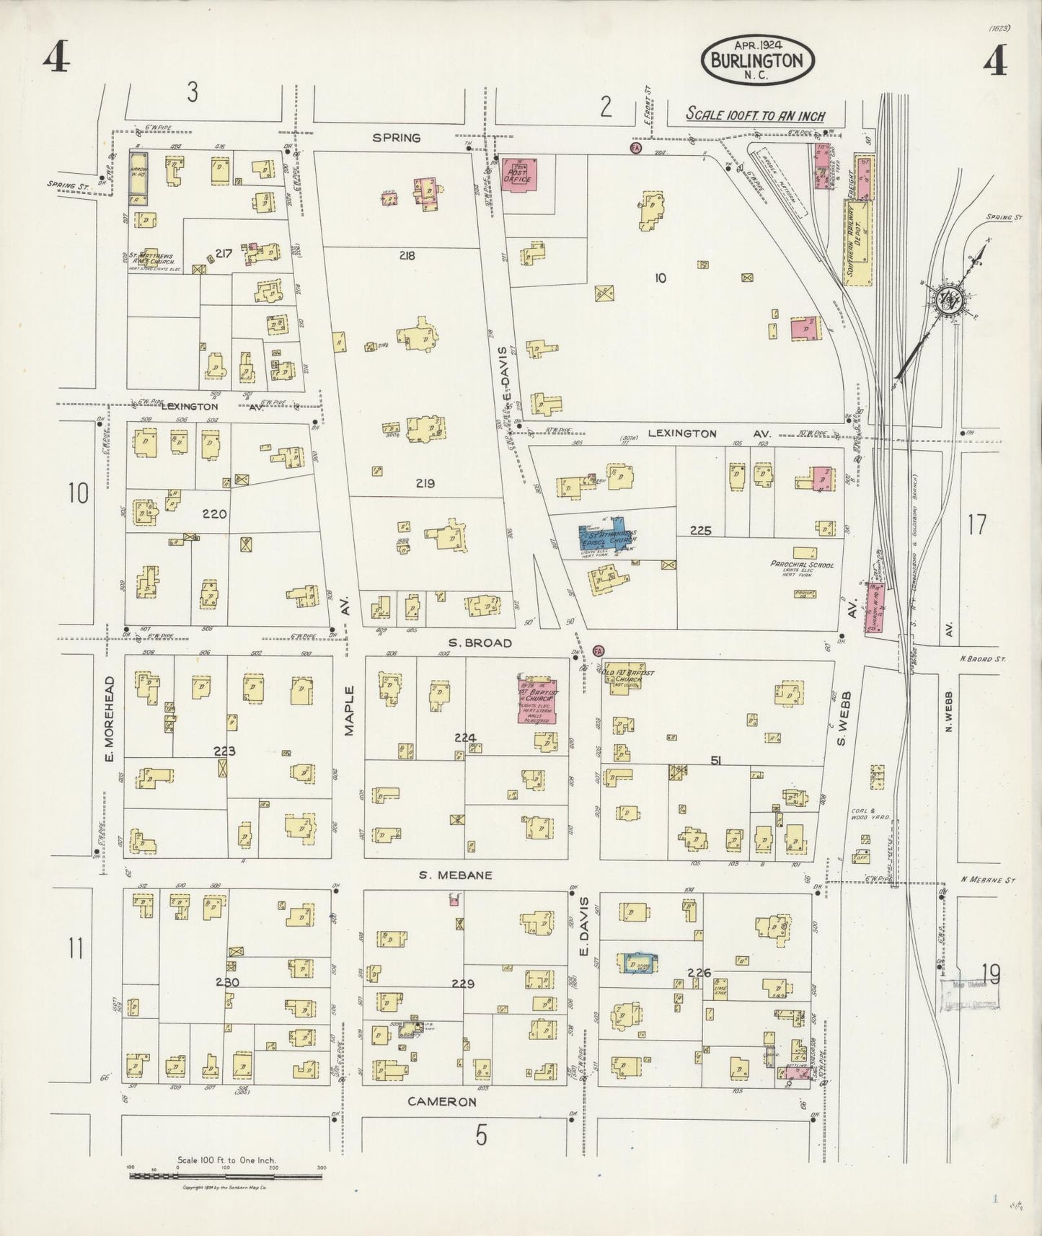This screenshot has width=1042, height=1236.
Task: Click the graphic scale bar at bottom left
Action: click(x=225, y=1175)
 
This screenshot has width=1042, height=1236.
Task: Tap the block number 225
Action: click(x=700, y=531)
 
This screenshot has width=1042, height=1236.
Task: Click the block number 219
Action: click(x=425, y=484)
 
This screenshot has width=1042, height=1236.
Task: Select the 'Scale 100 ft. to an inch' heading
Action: click(x=755, y=115)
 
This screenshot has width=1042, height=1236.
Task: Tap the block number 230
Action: click(x=226, y=982)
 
